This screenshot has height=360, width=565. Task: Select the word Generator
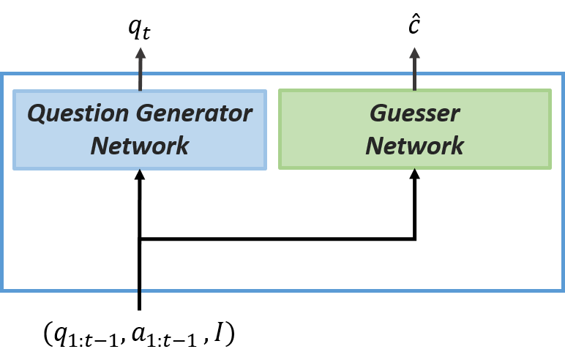[194, 113]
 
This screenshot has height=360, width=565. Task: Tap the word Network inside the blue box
[140, 146]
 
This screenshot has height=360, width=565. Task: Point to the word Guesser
[414, 113]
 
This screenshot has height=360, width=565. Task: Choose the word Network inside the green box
[414, 146]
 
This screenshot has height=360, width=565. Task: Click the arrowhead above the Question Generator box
[140, 53]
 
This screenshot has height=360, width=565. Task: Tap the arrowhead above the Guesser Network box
[414, 53]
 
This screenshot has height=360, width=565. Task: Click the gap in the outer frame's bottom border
[139, 290]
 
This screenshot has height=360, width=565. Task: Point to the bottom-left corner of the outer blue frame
[3, 290]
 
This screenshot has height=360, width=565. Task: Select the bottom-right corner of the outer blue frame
[562, 290]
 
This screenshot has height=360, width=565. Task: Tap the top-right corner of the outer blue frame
[562, 74]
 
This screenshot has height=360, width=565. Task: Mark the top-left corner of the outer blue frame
[3, 74]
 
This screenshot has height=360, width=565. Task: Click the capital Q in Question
[37, 113]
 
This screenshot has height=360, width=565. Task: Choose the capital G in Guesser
[378, 113]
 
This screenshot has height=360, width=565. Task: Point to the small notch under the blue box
[140, 170]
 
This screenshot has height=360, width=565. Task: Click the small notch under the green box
[414, 170]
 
